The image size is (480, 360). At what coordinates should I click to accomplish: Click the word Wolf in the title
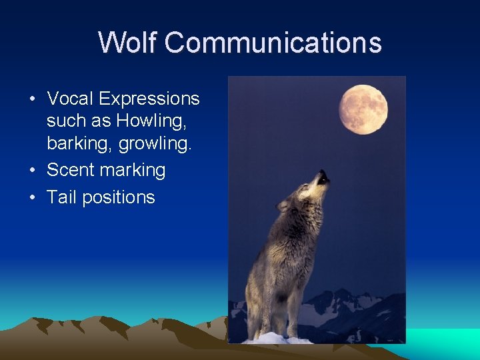pyautogui.click(x=127, y=43)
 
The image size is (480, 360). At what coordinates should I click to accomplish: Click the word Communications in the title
pyautogui.click(x=273, y=43)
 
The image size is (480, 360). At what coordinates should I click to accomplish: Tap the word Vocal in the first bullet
pyautogui.click(x=70, y=99)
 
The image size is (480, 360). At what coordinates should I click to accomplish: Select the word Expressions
pyautogui.click(x=149, y=99)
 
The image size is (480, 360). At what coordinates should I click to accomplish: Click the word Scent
pyautogui.click(x=71, y=170)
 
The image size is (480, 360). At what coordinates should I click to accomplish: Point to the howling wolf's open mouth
pyautogui.click(x=323, y=177)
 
